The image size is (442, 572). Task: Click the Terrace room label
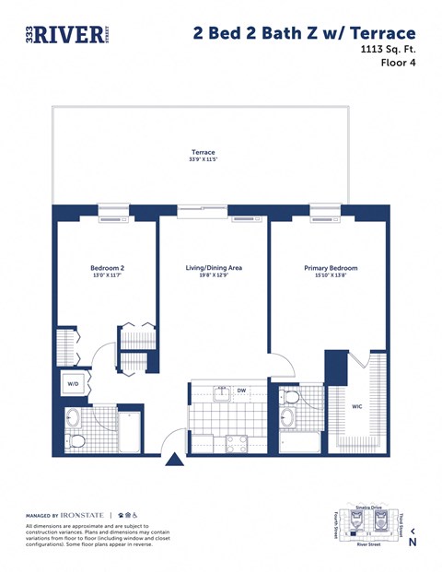[x=203, y=151]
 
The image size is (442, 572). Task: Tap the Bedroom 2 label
[x=107, y=268]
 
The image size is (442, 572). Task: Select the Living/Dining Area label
[x=214, y=268]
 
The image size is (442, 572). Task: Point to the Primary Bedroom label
[x=331, y=268]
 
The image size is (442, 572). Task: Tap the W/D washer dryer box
[x=73, y=384]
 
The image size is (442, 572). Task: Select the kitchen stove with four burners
[x=237, y=441]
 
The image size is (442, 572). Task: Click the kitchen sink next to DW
[x=221, y=395]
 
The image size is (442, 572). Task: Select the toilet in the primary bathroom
[x=291, y=399]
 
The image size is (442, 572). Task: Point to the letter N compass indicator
[x=413, y=543]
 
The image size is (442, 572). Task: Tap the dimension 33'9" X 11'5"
[x=203, y=160]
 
